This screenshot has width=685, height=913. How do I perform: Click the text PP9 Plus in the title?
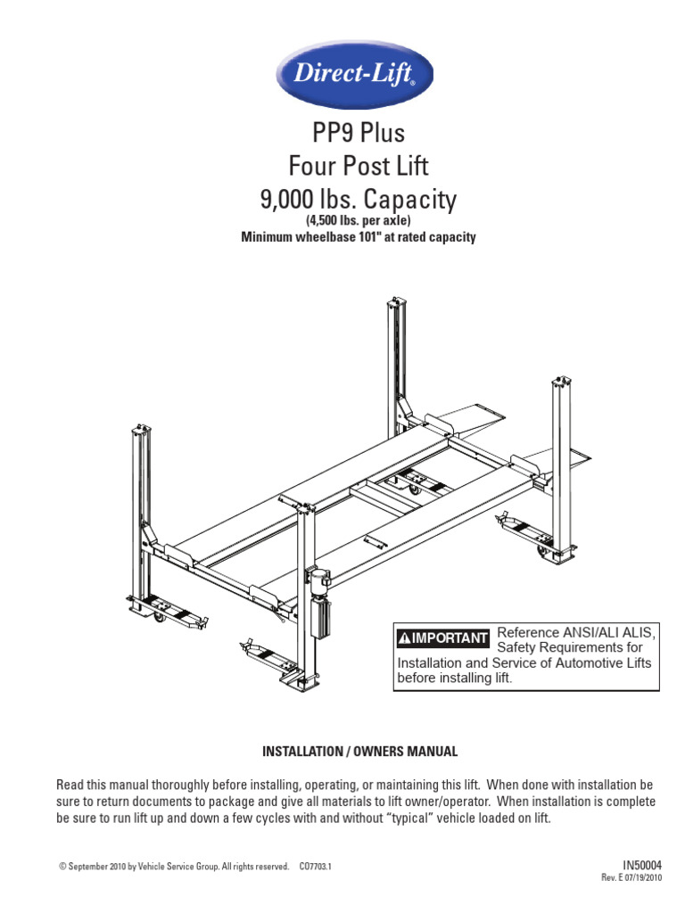tap(358, 134)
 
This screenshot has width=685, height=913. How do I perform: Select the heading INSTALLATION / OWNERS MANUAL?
tap(359, 752)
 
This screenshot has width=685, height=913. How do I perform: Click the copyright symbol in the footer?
tap(62, 866)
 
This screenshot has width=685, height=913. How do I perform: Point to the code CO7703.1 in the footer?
tap(316, 866)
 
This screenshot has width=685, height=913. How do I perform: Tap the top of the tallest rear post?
tap(394, 308)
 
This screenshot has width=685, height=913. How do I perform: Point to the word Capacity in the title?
tap(407, 199)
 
